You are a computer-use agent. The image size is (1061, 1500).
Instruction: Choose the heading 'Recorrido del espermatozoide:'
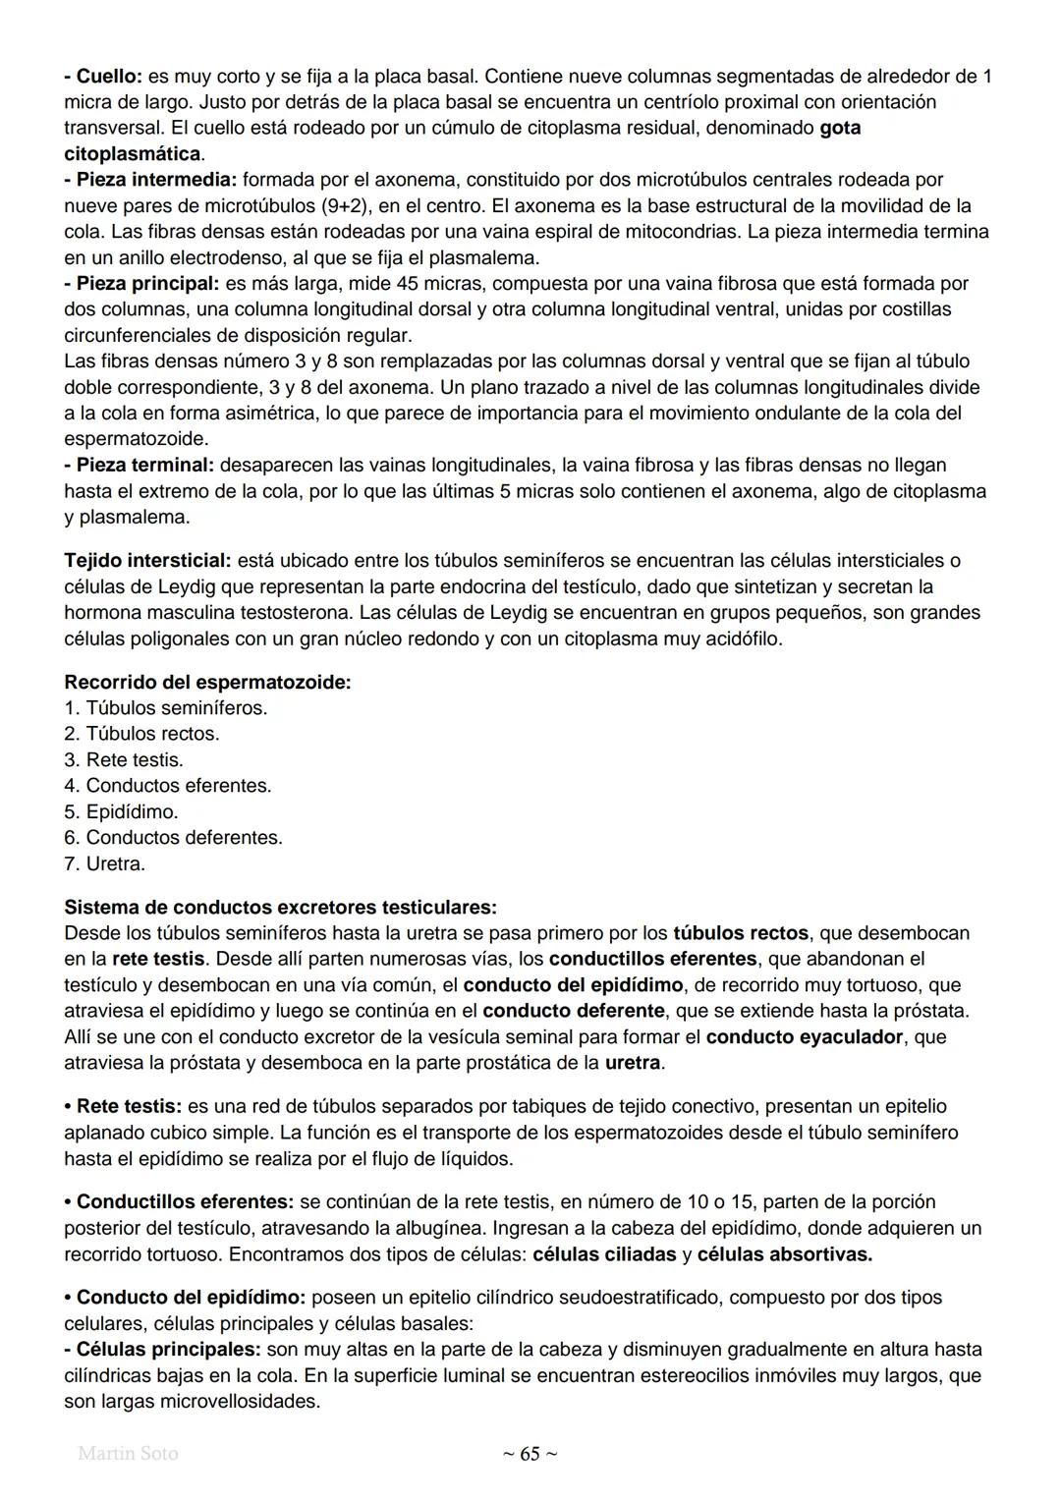click(207, 682)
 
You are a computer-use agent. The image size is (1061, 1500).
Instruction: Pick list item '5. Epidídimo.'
click(121, 812)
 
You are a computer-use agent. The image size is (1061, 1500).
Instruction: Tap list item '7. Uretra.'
click(104, 864)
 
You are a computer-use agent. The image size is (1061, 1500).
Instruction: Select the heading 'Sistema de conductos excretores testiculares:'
click(280, 907)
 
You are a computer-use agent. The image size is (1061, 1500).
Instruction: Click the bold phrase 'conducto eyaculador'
click(804, 1037)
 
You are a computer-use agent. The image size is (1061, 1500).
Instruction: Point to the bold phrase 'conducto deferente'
click(574, 1011)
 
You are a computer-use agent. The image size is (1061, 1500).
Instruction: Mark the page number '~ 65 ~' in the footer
click(530, 1454)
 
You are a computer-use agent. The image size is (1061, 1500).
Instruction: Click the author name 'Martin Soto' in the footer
click(128, 1454)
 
